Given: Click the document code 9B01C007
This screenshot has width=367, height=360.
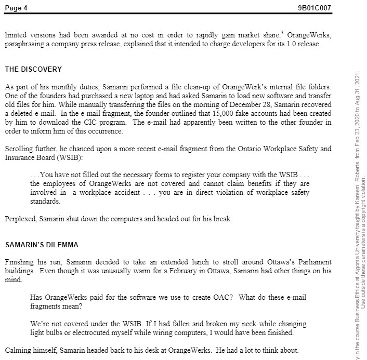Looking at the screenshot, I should point(313,8).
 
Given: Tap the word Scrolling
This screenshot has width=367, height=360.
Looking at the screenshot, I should point(18,149).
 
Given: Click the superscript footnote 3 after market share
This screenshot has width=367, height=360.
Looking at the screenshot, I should point(281,33).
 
